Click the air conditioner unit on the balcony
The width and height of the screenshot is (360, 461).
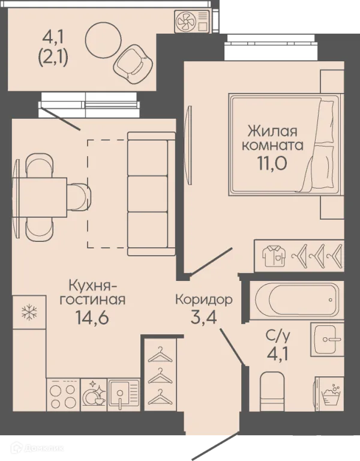coord(193,22)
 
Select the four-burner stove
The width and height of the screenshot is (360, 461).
coord(63,394)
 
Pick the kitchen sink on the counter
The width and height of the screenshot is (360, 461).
coord(124,394)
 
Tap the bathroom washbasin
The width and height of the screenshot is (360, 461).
coord(328,340)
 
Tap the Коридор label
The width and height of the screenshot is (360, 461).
coord(204,298)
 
